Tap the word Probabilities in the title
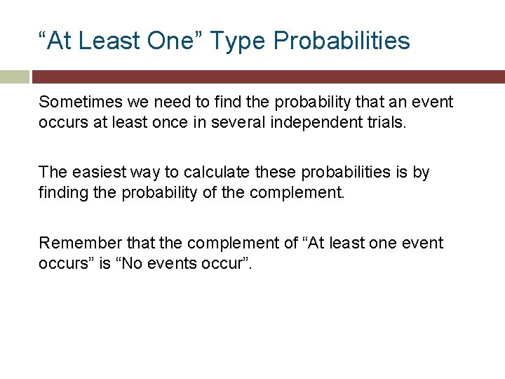(x=342, y=41)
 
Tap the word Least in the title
(x=109, y=41)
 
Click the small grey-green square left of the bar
(x=15, y=77)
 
